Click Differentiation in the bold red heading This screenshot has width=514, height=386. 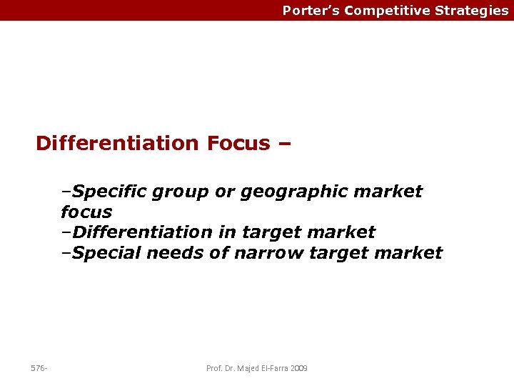pyautogui.click(x=118, y=143)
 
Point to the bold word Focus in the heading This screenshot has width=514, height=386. pyautogui.click(x=238, y=143)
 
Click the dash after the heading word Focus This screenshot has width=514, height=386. pyautogui.click(x=284, y=143)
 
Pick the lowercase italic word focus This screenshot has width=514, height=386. pyautogui.click(x=86, y=212)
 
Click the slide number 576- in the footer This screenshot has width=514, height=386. pyautogui.click(x=39, y=368)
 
